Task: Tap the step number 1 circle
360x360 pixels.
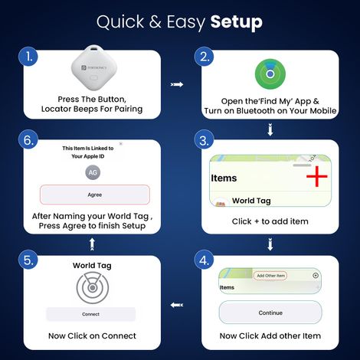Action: tap(28, 57)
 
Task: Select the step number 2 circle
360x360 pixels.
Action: tap(203, 57)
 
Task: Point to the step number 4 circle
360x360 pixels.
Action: tap(203, 261)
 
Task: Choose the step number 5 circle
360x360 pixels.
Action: tap(28, 261)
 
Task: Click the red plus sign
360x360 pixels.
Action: tap(316, 178)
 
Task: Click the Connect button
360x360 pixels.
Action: tap(90, 314)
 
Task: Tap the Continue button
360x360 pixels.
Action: tap(270, 313)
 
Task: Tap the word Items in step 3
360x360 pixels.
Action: tap(223, 178)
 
